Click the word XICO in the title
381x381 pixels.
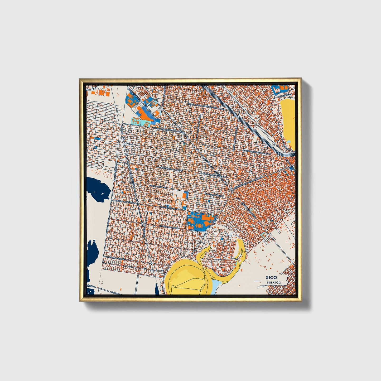271,277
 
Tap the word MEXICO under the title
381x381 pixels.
274,282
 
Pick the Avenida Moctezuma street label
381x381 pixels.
169,226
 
